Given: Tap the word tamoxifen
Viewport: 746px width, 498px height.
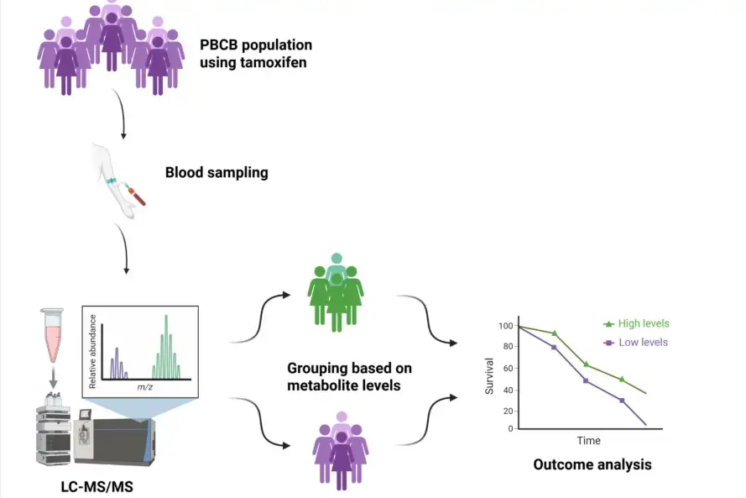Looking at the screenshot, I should pos(272,61).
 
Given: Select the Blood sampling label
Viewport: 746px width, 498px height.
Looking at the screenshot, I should pos(216,173).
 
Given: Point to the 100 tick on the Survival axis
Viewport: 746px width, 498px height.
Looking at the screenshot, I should pos(504,325).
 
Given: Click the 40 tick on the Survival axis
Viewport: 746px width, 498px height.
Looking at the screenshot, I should pos(507,388).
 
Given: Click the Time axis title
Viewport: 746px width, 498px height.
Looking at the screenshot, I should pos(588,440).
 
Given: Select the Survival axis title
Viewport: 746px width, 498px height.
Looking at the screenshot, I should pos(490,377).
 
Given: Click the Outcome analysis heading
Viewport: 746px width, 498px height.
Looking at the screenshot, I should pos(592,464).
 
